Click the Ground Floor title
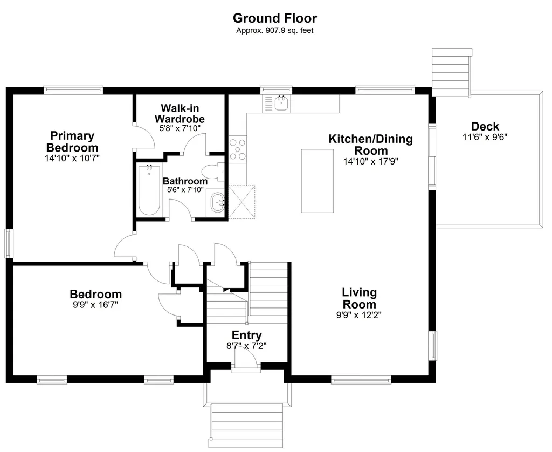tap(275, 18)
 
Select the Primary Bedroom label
tap(72, 142)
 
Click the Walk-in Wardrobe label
tap(180, 113)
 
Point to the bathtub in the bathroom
tap(149, 190)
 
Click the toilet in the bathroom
tap(213, 172)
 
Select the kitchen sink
tap(282, 104)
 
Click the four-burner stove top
tap(238, 149)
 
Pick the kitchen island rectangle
tap(317, 181)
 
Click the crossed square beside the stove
tap(241, 202)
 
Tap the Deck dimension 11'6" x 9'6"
tap(485, 137)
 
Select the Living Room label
tap(359, 298)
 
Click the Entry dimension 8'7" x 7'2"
tap(246, 346)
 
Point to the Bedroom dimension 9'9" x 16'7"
tap(95, 304)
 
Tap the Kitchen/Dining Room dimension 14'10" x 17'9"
tap(371, 161)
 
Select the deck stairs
tap(451, 72)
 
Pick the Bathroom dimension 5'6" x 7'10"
tap(185, 190)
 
